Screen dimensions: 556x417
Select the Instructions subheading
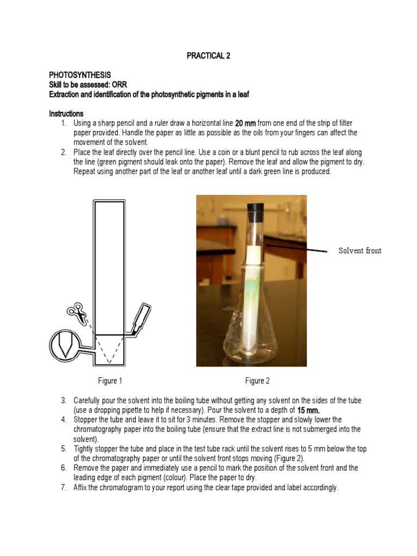66,113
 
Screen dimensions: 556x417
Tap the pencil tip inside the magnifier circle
65,345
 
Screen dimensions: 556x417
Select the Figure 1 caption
110,381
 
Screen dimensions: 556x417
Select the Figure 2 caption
257,381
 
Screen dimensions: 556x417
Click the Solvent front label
360,250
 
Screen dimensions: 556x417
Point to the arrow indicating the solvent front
296,248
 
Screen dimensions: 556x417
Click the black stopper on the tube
255,207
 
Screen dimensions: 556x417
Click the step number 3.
63,401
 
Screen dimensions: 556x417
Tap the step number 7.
63,488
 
